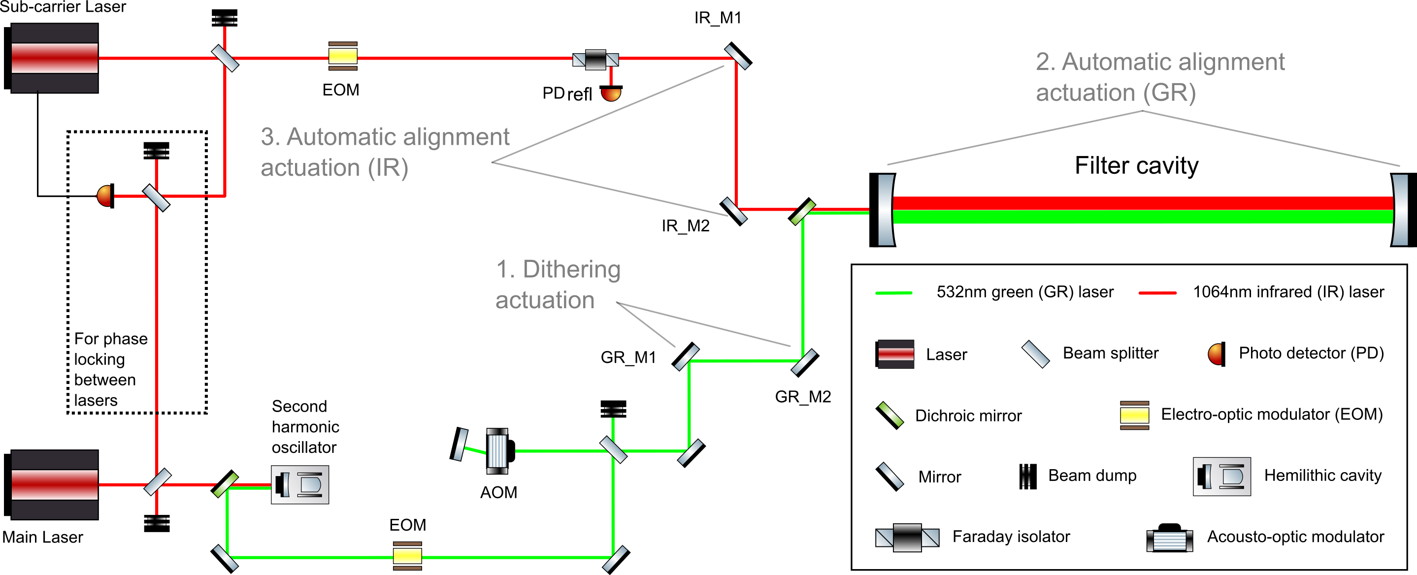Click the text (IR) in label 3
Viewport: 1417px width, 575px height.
(x=388, y=168)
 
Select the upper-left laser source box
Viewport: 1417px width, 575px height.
(x=55, y=58)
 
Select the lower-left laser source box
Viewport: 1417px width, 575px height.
(x=55, y=484)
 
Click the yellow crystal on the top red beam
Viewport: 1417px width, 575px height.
(x=343, y=56)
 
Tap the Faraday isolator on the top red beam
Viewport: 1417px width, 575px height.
(x=596, y=60)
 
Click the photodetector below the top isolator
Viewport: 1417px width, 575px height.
(x=611, y=95)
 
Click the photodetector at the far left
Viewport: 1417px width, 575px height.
(x=104, y=196)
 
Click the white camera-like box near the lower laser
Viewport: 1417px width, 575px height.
(x=300, y=484)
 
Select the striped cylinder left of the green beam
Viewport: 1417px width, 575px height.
(x=497, y=451)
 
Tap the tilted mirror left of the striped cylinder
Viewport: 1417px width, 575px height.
(x=461, y=445)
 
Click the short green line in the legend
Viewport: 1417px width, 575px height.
(x=893, y=293)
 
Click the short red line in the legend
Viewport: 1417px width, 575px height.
(x=1157, y=293)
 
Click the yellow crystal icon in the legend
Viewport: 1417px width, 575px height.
(x=1134, y=415)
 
